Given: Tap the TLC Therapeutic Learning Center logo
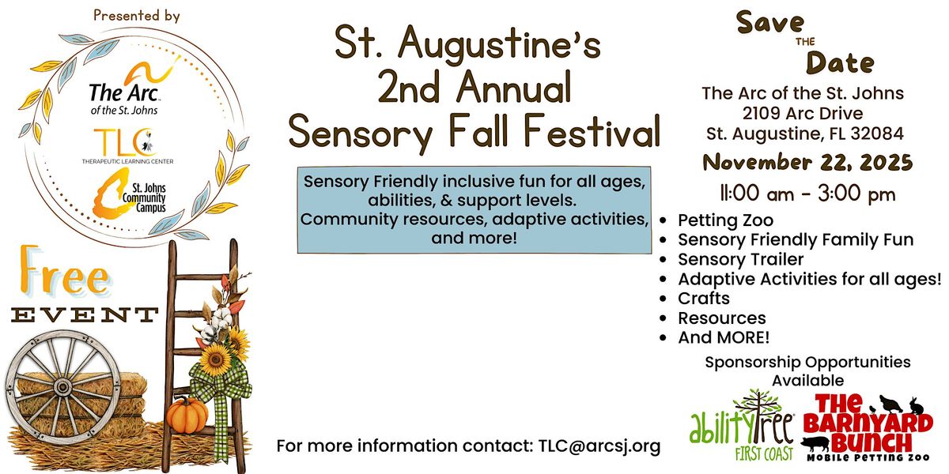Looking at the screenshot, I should pos(127,146).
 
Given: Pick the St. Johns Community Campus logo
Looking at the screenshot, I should pos(127,197).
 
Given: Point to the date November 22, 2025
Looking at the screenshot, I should pos(807,163).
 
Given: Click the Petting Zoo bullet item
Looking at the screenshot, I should pos(725,220).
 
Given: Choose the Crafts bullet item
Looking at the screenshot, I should pos(703,299).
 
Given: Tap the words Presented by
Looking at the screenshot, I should pos(136,15).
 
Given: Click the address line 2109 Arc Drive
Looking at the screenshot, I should pos(803,113).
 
